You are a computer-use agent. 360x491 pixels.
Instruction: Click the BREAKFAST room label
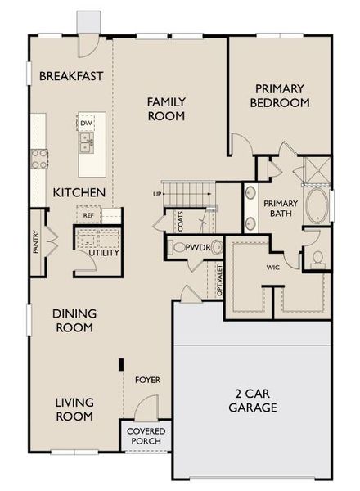pyautogui.click(x=71, y=76)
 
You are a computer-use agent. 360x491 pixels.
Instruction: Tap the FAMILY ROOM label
pyautogui.click(x=166, y=109)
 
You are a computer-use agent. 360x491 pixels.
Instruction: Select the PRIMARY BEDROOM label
pyautogui.click(x=281, y=96)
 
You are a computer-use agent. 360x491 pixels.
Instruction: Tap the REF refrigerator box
pyautogui.click(x=88, y=216)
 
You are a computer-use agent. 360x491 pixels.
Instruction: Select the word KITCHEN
pyautogui.click(x=79, y=192)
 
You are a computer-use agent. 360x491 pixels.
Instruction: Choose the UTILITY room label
pyautogui.click(x=104, y=252)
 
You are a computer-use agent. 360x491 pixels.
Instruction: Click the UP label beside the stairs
pyautogui.click(x=157, y=194)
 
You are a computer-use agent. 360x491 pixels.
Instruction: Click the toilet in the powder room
pyautogui.click(x=178, y=246)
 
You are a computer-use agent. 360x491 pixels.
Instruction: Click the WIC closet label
pyautogui.click(x=273, y=266)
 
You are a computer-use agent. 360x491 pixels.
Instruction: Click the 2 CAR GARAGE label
pyautogui.click(x=252, y=400)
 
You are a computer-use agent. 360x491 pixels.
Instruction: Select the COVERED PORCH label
pyautogui.click(x=146, y=436)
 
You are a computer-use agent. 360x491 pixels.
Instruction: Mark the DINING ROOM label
pyautogui.click(x=74, y=321)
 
